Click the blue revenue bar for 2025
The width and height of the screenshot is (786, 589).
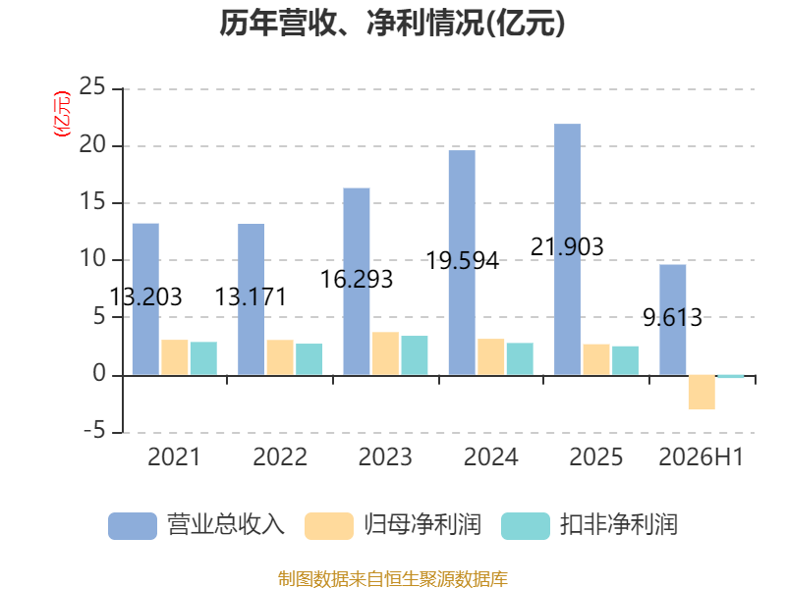click(568, 249)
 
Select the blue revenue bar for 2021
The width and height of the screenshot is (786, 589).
click(145, 299)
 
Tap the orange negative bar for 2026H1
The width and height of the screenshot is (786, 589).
click(702, 392)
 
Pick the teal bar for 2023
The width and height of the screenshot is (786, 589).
click(415, 355)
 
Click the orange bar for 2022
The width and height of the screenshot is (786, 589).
click(280, 357)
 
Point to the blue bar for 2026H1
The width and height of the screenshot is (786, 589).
click(673, 320)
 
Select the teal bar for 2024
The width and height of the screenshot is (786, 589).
click(521, 358)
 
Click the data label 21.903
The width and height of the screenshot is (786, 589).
click(567, 247)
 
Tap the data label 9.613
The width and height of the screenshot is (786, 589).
click(673, 317)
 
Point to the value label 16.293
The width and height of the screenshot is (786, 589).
click(357, 280)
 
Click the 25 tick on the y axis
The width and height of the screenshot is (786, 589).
click(92, 86)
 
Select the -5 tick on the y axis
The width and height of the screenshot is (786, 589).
click(94, 431)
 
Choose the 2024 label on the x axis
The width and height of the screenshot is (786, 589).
click(490, 456)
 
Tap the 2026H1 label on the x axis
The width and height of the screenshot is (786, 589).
click(702, 456)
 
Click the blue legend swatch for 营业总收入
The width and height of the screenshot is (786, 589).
click(133, 526)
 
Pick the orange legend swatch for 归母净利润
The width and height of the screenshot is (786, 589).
click(329, 526)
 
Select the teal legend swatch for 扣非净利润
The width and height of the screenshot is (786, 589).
click(526, 526)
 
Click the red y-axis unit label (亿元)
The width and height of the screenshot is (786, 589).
click(62, 114)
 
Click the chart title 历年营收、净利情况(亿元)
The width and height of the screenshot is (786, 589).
click(392, 23)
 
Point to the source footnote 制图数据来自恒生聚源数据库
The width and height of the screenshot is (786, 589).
click(393, 579)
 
